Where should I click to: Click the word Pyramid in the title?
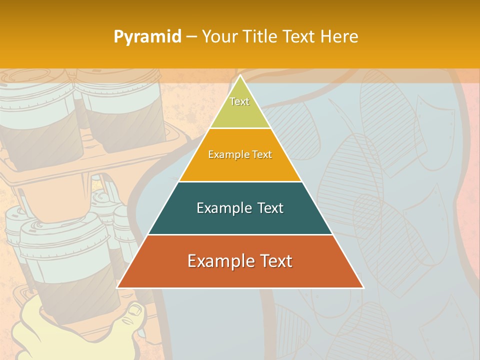(147, 37)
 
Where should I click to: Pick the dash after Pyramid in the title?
(191, 37)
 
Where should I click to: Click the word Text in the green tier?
(239, 101)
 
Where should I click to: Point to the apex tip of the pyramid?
(240, 76)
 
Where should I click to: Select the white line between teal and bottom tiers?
(240, 234)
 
